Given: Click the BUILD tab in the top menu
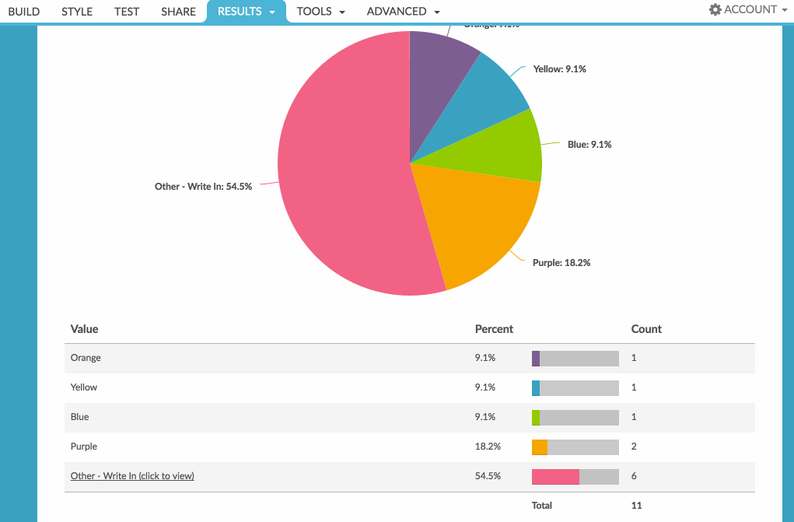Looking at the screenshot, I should (24, 12).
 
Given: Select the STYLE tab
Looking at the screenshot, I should (77, 12).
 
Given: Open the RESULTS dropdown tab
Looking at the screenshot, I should (246, 12).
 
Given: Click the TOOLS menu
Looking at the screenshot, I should (320, 12).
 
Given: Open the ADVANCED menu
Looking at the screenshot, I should (403, 12).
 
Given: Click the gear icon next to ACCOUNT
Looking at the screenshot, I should (715, 10).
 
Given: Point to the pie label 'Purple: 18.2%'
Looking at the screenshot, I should (561, 263).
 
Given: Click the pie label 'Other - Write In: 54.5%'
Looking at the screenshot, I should (203, 187).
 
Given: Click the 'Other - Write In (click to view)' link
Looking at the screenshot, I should (132, 476).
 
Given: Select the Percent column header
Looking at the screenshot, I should (494, 329).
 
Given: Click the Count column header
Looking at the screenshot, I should (646, 329).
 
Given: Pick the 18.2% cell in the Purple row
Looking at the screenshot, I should (488, 447).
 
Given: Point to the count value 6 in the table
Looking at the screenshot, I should (635, 476).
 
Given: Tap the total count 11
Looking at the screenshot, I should (636, 506).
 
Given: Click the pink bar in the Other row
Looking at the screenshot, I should (555, 476).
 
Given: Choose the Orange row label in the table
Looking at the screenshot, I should (86, 358).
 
